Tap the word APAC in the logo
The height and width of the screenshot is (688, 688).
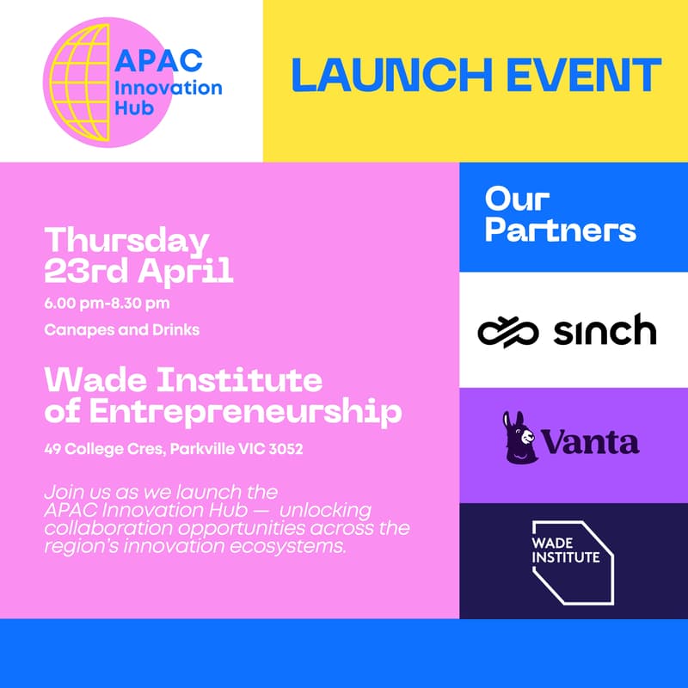[159, 62]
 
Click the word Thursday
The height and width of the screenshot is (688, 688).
[126, 241]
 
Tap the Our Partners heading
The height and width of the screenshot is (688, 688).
[560, 215]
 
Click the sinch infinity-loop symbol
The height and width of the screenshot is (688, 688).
[508, 331]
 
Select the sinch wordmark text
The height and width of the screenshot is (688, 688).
[605, 330]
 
